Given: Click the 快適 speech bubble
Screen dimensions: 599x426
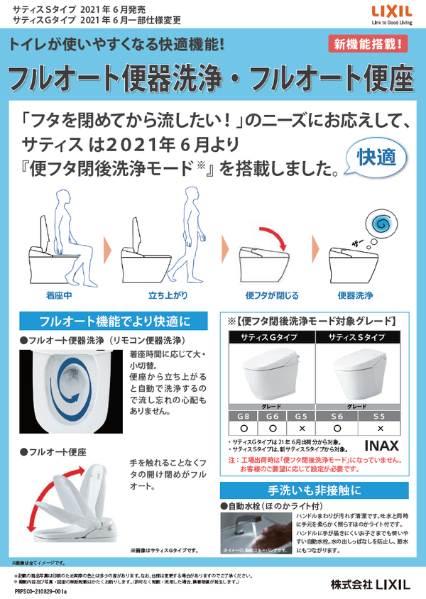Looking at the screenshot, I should [x=381, y=158].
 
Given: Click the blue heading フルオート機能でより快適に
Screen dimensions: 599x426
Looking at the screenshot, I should [x=114, y=321].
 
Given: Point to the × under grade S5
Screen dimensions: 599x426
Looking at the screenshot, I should [x=381, y=429].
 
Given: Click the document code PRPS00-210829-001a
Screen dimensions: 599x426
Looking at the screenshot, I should [x=40, y=590].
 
